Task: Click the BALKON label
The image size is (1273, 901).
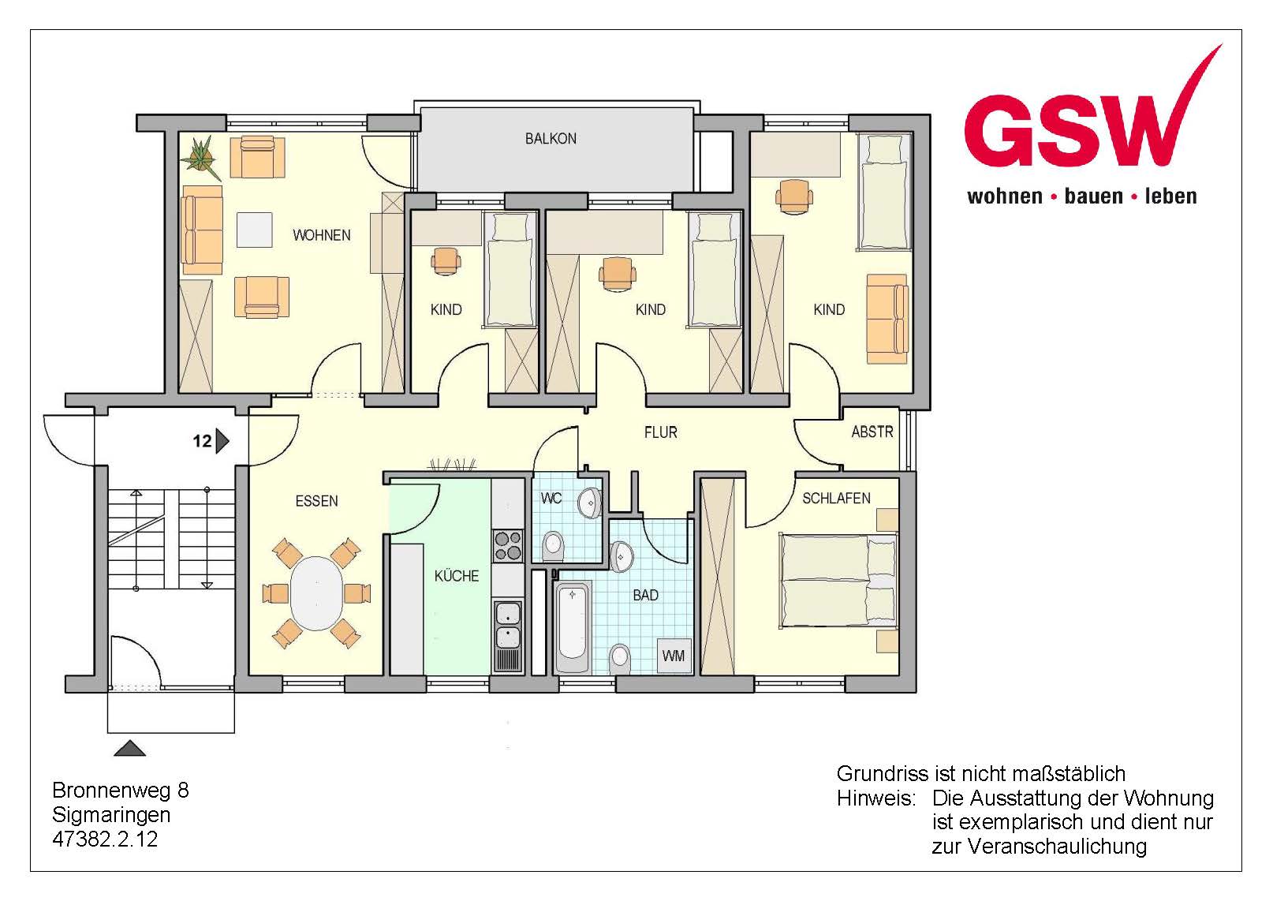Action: [x=550, y=139]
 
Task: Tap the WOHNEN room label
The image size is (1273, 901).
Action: [x=322, y=235]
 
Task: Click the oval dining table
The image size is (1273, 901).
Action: [x=316, y=593]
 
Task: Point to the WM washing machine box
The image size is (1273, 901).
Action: [x=674, y=656]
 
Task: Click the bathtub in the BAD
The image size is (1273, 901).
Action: [x=573, y=627]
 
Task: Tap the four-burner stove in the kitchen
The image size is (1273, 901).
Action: [x=508, y=546]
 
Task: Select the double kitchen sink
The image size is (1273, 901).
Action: [x=508, y=625]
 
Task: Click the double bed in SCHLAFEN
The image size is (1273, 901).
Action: [x=838, y=581]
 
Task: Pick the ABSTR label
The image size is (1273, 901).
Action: [x=872, y=432]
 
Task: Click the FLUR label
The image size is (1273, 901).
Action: [x=660, y=432]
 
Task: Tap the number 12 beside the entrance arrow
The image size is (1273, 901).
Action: [x=202, y=441]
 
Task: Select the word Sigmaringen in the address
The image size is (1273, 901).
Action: [x=111, y=815]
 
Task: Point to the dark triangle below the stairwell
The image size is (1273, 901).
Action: [x=129, y=748]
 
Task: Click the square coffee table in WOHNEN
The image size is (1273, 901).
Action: [x=254, y=230]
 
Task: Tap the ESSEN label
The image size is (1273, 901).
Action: [x=316, y=501]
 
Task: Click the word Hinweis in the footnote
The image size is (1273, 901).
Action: [x=876, y=798]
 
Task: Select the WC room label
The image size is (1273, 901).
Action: [x=551, y=499]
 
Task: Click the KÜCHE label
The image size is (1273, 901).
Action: [x=457, y=576]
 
